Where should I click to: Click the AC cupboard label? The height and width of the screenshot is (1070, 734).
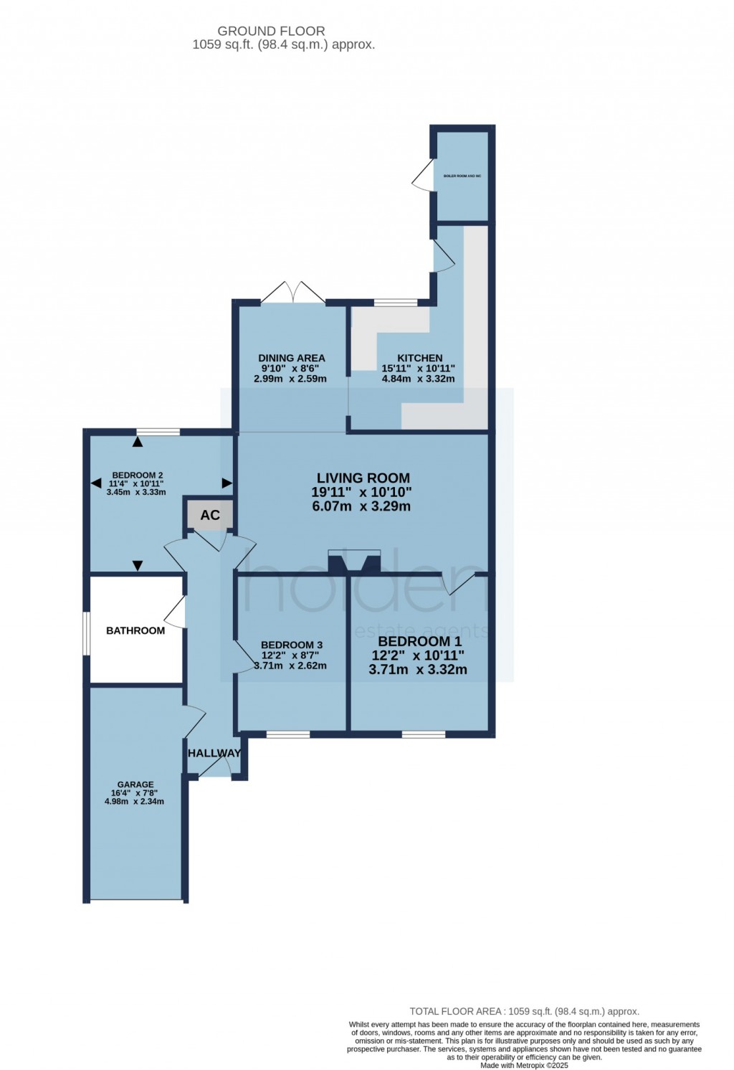210,515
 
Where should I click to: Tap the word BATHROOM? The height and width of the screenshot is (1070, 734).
135,630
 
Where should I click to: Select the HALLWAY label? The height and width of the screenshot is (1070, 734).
214,753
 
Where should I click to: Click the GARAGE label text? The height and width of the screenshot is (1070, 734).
135,785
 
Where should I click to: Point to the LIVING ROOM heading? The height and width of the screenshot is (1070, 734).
363,478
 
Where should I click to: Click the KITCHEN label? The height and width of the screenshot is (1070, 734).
420,358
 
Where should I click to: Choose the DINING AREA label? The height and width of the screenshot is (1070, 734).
292,358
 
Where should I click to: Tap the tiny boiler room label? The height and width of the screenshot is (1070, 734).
462,176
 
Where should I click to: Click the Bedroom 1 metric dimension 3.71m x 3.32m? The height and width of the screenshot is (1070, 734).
418,670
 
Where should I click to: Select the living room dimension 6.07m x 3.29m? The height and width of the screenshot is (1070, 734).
361,506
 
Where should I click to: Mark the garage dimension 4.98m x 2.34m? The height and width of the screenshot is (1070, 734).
135,801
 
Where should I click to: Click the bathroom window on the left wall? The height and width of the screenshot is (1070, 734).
86,633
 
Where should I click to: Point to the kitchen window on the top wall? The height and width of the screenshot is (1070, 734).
396,303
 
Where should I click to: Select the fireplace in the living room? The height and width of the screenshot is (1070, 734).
354,561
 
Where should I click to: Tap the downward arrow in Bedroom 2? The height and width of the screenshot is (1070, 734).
138,566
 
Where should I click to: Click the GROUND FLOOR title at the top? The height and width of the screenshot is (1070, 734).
271,31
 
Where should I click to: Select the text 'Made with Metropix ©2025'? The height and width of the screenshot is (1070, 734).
524,1066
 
